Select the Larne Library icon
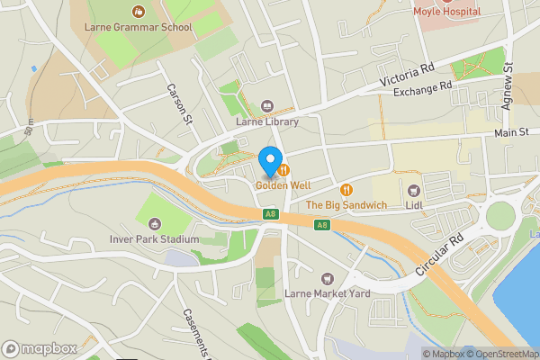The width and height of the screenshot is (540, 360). click(265, 106)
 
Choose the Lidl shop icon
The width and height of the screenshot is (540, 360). click(414, 191)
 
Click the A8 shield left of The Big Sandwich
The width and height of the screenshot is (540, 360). click(321, 224)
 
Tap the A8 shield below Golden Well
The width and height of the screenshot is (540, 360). click(270, 214)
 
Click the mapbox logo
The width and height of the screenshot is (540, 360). click(38, 348)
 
